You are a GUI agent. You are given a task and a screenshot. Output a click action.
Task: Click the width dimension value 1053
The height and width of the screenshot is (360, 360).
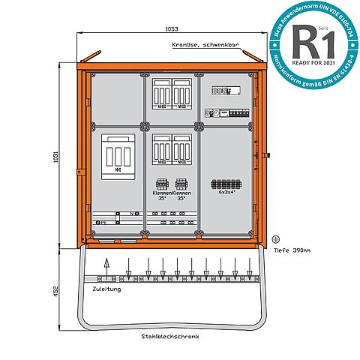pyautogui.click(x=172, y=28)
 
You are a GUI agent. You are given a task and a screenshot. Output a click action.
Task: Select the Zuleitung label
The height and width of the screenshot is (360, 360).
pyautogui.click(x=106, y=287)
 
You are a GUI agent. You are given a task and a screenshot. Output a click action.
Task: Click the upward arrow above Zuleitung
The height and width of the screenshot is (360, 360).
pyautogui.click(x=106, y=266)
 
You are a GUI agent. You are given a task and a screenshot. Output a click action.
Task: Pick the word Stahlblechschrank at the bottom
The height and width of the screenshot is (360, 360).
pyautogui.click(x=170, y=336)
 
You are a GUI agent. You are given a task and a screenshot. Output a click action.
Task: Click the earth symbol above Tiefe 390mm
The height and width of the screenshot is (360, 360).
pyautogui.click(x=275, y=239)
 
